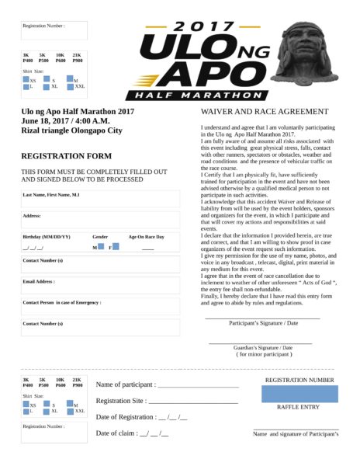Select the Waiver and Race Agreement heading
[264, 112]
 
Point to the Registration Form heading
[66, 155]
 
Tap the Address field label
[32, 215]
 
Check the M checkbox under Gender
[101, 246]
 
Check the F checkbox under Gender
[116, 246]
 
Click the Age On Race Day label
[147, 236]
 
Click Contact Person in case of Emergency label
[62, 302]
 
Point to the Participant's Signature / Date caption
[263, 322]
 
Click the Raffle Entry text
[298, 407]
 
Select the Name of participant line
[167, 384]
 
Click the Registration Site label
[121, 401]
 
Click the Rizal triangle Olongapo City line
[71, 130]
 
